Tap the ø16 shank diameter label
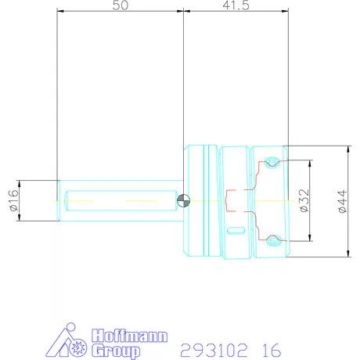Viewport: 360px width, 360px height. pos(13,201)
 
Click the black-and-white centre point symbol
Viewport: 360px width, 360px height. pos(183,200)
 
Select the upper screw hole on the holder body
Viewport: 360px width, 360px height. pos(272,162)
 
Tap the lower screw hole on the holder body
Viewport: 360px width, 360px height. pos(272,239)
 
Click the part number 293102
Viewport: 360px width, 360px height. pos(210,349)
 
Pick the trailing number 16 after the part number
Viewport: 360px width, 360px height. pos(270,349)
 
